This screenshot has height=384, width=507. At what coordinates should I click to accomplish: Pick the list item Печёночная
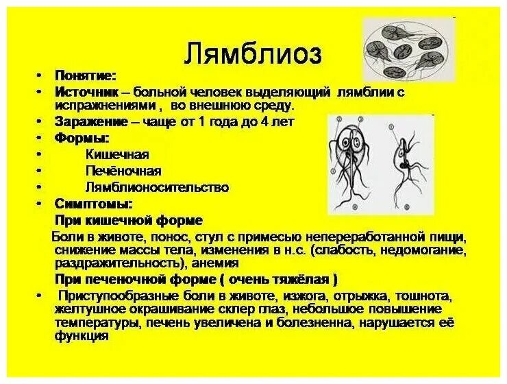123,171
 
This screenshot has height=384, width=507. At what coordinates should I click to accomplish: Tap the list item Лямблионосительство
157,187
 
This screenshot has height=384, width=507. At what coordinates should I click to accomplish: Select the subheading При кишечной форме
128,220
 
